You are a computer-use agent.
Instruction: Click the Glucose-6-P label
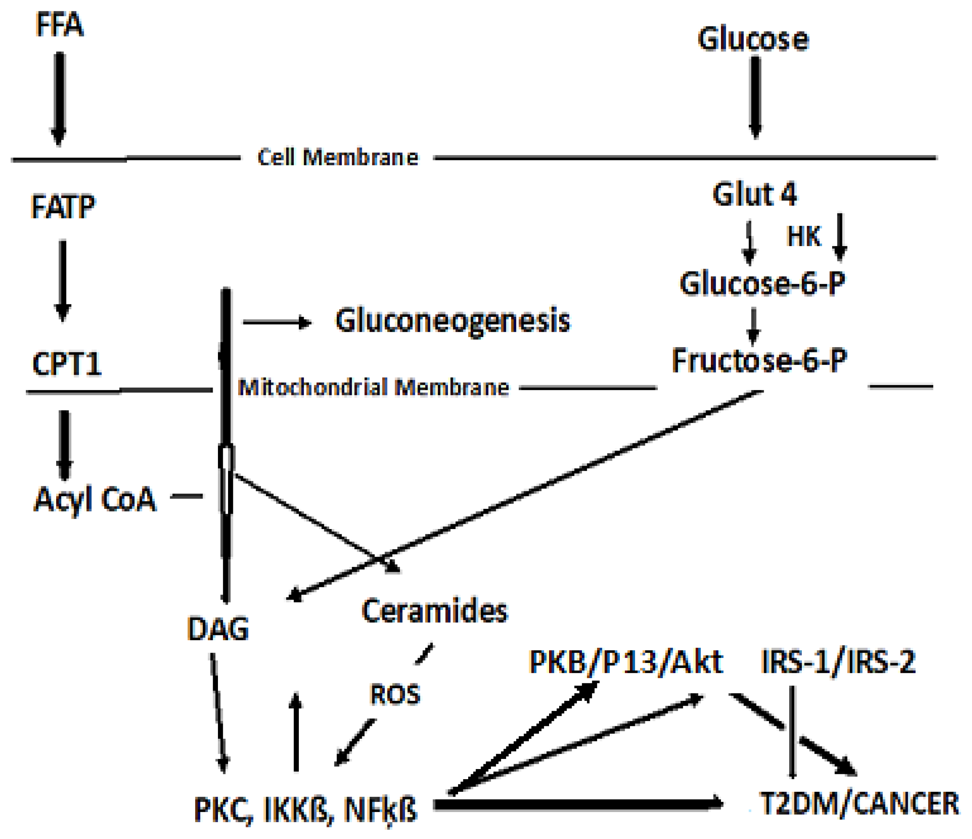762,283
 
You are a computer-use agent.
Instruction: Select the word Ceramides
434,611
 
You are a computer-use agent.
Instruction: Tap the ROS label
395,695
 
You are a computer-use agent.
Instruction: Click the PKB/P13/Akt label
626,662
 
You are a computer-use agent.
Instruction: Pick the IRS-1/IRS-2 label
837,662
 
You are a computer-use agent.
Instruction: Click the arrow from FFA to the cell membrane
59,99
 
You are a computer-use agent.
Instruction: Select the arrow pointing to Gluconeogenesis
277,323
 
